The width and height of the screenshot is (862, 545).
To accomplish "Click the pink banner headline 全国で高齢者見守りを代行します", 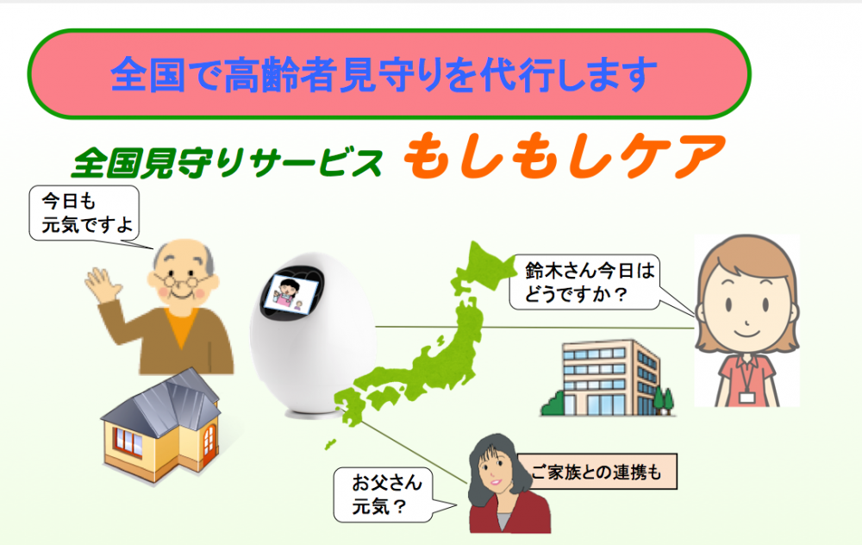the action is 384,74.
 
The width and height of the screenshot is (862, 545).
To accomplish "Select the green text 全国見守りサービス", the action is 227,163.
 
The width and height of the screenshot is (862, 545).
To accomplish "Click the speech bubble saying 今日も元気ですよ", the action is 84,213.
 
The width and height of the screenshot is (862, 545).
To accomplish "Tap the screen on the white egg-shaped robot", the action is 291,293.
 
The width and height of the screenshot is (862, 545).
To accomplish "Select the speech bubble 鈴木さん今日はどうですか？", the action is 584,282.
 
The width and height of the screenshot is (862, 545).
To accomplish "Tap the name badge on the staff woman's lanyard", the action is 746,397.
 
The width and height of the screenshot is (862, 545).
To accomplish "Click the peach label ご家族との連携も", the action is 597,472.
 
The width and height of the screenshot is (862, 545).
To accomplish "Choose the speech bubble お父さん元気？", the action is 384,494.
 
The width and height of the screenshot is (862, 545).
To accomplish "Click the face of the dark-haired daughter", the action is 495,469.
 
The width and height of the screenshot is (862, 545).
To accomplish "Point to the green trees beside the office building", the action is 664,400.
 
